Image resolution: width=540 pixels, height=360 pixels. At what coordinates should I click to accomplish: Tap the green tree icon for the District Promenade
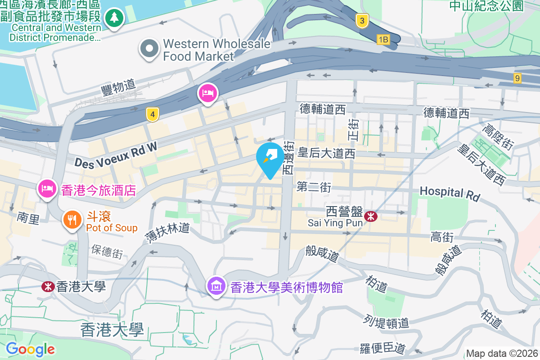point(115,18)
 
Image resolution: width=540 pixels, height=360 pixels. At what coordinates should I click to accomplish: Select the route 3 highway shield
point(362,21)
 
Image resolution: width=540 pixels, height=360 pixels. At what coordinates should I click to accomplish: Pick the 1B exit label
point(383,40)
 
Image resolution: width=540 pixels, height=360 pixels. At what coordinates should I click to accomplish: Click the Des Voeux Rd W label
point(116,156)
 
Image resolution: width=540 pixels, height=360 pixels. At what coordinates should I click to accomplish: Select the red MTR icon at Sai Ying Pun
point(371,216)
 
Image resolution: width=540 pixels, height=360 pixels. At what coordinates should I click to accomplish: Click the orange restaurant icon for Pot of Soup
point(72,220)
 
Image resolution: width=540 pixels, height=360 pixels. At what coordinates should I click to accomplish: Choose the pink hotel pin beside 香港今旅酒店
point(47,189)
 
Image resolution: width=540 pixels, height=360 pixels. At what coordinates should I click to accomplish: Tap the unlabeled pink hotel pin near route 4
point(207,93)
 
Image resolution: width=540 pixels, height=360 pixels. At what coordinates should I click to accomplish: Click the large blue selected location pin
point(270,159)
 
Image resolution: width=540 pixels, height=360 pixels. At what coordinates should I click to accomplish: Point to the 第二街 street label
point(314,187)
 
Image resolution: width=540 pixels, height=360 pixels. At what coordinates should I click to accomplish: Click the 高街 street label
point(441,237)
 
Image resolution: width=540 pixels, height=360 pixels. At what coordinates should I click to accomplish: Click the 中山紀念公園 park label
point(487,6)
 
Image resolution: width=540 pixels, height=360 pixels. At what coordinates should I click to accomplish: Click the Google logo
point(30,349)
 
